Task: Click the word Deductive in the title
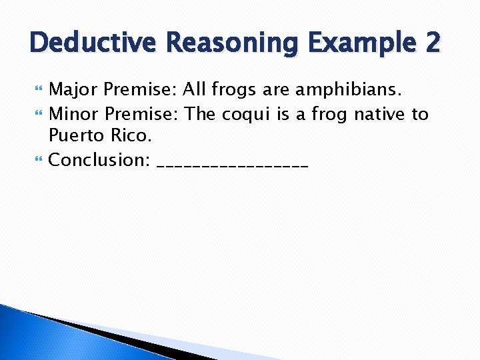90,43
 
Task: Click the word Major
74,89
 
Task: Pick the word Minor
74,114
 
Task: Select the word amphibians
348,90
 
